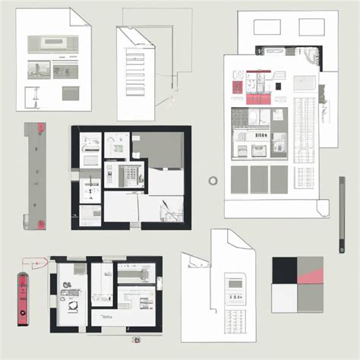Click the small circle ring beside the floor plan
[x=213, y=180]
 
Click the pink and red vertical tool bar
[x=23, y=290]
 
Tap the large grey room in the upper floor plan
[x=158, y=150]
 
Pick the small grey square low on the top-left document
[x=70, y=93]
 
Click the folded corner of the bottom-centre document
[x=243, y=240]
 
